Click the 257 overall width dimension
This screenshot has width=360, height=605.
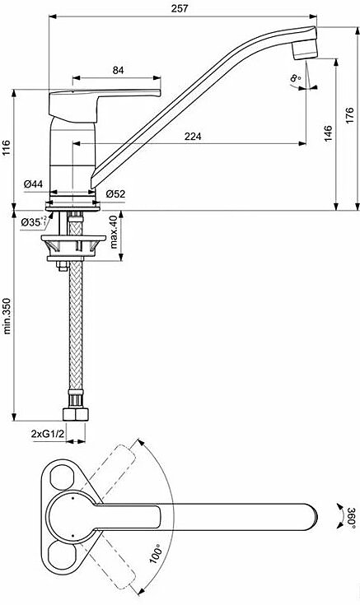click(180, 8)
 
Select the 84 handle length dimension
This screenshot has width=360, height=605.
click(118, 70)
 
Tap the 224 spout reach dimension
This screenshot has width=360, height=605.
click(193, 136)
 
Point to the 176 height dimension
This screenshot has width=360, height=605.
click(349, 115)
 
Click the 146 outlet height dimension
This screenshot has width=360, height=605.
click(328, 133)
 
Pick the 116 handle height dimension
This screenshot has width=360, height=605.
click(7, 148)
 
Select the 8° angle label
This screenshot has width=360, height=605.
click(296, 79)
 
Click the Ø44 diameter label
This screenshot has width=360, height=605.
click(33, 184)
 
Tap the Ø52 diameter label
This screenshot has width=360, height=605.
click(116, 193)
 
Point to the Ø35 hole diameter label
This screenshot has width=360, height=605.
click(34, 222)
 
